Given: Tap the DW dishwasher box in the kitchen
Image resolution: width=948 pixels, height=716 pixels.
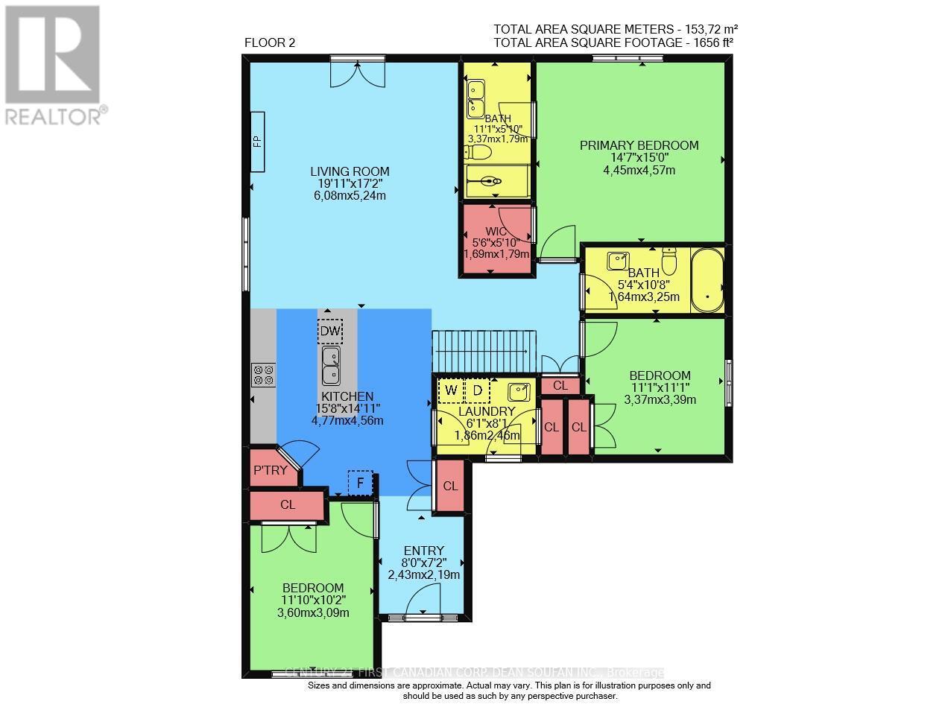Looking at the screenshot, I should [x=329, y=331].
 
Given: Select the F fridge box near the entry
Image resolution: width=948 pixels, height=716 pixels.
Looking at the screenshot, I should [x=361, y=483].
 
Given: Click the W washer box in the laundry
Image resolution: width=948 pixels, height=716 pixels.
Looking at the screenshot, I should [x=451, y=390].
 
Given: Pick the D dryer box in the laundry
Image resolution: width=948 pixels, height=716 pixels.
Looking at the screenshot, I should [x=477, y=390].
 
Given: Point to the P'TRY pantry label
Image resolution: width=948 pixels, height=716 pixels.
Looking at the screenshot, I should [x=270, y=470].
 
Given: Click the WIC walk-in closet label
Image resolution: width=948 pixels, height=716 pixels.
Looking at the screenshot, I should [x=496, y=232].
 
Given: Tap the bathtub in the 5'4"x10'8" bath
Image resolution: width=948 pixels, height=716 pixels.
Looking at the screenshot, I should [x=707, y=280].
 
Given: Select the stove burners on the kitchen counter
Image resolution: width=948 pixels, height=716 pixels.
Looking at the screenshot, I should [x=263, y=374].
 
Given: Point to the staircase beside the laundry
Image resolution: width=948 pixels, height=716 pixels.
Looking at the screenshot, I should [x=484, y=352].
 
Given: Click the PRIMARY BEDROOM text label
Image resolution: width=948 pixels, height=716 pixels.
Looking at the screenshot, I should [x=639, y=145].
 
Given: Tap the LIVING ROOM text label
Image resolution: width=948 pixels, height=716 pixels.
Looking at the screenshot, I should [x=350, y=171].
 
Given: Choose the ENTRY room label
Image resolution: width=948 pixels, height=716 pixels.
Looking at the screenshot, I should [x=424, y=551].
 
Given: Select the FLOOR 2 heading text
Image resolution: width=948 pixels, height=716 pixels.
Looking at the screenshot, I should [x=270, y=42].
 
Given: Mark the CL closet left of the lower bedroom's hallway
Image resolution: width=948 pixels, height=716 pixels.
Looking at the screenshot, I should [x=288, y=504].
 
